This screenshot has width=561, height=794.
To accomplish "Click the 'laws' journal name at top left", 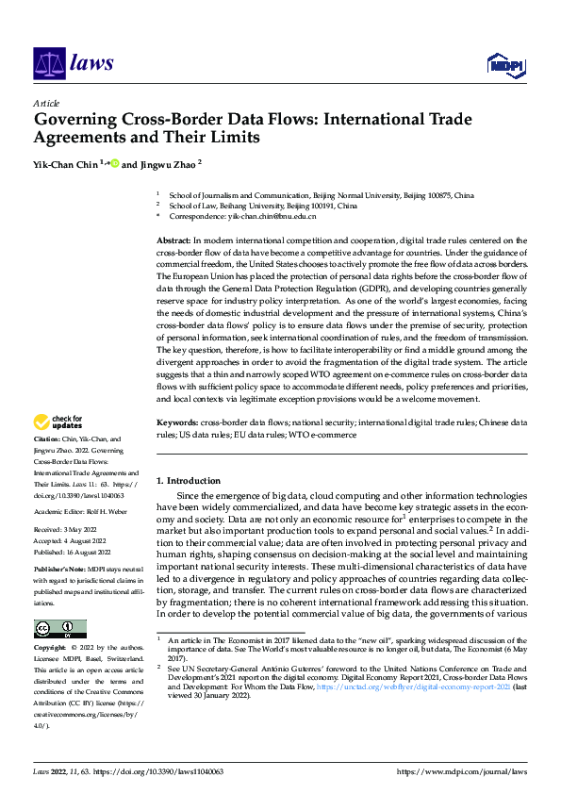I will pos(91,63).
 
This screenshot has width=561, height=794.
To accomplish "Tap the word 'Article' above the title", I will pos(46,103).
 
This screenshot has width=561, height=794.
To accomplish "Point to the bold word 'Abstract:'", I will pos(173,240).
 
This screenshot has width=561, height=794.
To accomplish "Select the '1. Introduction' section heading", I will pos(189,481).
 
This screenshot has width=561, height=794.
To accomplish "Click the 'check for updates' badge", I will pos(58,423).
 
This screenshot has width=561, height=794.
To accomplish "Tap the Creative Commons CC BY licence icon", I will pos(59,629).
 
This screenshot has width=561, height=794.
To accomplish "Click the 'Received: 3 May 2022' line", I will pos(68,531).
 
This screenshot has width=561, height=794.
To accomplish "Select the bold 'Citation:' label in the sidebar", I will pos(46,440).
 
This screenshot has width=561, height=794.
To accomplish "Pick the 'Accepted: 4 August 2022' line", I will pos(71,540).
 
